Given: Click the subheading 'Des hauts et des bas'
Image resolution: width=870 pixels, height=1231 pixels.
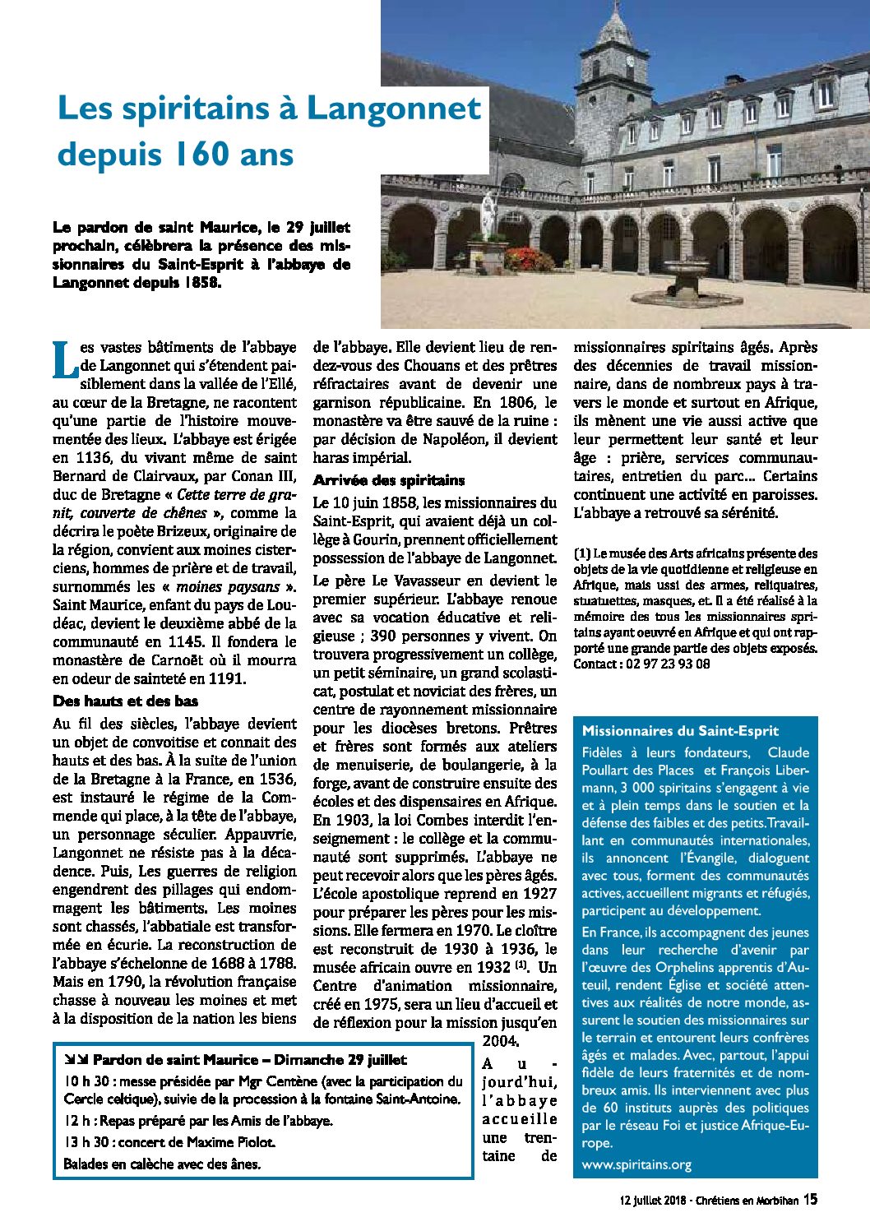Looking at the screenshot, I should click(x=125, y=701).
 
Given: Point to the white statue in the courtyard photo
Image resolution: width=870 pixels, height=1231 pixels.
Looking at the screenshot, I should click(x=488, y=216).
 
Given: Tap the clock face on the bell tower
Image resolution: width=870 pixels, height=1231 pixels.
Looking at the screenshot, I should click(x=630, y=60).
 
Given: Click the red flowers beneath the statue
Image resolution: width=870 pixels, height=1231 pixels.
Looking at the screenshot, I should click(x=530, y=259).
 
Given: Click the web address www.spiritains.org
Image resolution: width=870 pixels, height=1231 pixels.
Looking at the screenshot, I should click(x=636, y=1164).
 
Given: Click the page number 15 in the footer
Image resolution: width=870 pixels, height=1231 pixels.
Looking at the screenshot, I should click(x=810, y=1200).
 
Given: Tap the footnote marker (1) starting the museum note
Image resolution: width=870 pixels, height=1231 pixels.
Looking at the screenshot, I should click(x=581, y=554).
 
